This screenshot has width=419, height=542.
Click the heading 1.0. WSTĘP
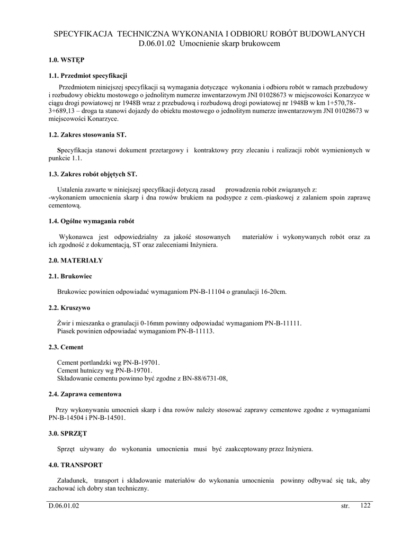pyautogui.click(x=66, y=60)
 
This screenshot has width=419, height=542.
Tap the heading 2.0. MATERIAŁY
pyautogui.click(x=75, y=260)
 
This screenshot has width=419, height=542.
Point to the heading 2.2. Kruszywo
pyautogui.click(x=69, y=307)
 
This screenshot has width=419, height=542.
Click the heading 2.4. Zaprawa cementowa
pyautogui.click(x=85, y=394)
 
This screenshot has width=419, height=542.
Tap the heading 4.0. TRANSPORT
pyautogui.click(x=75, y=465)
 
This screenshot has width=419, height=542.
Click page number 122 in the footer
pyautogui.click(x=365, y=506)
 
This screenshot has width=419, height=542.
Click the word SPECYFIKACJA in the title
pyautogui.click(x=84, y=34)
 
